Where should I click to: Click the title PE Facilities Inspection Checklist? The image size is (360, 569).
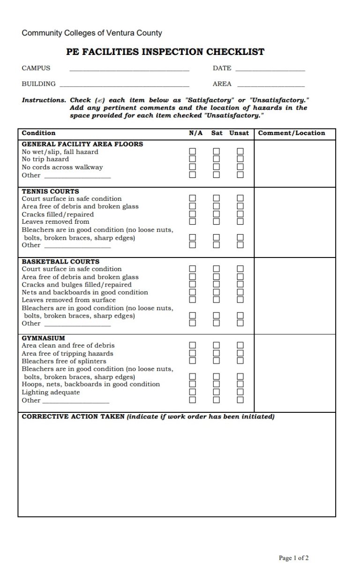click(x=165, y=52)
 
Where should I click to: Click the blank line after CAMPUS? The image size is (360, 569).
click(x=129, y=70)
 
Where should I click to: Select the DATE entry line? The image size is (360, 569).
click(x=270, y=70)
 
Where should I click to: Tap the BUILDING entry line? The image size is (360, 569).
click(x=124, y=86)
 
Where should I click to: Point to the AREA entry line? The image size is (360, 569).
click(x=271, y=86)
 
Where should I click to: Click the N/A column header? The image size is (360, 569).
click(x=195, y=133)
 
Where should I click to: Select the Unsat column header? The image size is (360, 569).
click(x=239, y=133)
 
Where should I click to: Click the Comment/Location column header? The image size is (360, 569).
click(x=291, y=133)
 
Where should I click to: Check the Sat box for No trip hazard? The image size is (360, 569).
click(x=216, y=159)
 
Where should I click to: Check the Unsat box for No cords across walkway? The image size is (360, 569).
click(x=240, y=167)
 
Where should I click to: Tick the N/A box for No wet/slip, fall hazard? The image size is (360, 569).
click(x=192, y=152)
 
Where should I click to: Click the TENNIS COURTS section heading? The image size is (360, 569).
click(x=50, y=191)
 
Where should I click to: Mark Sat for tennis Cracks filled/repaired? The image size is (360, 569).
click(x=216, y=214)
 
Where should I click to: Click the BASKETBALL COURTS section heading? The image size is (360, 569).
click(x=60, y=262)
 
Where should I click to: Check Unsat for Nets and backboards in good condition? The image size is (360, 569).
click(x=240, y=292)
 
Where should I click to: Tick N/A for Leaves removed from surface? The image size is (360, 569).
click(x=192, y=300)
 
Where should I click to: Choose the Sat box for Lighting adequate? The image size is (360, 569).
click(x=216, y=392)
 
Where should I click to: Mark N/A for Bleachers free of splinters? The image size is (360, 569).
click(x=192, y=361)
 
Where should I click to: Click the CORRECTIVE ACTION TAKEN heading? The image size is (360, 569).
click(x=73, y=417)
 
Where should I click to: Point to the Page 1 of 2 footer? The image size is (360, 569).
click(x=293, y=558)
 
